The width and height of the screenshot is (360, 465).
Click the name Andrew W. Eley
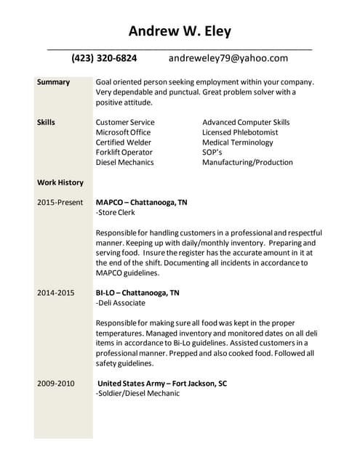pos(180,31)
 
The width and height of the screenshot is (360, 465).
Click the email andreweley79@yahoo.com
pos(228,58)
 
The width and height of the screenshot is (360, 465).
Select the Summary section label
pos(53,82)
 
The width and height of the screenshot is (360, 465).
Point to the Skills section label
pos(46,122)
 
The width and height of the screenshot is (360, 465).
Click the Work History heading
pos(60,182)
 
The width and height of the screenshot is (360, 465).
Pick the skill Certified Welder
pos(124,142)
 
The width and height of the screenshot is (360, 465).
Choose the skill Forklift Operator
pos(124,153)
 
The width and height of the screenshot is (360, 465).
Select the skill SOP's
pos(213,153)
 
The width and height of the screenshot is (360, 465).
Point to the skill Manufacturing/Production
pos(247,163)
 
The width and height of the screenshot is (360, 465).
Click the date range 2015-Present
pos(60,202)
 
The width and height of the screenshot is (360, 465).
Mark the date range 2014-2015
pos(55,293)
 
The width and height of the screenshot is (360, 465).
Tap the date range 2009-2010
pos(55,383)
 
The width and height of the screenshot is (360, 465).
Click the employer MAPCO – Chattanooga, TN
pos(141,202)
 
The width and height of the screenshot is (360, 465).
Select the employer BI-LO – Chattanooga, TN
pos(137,293)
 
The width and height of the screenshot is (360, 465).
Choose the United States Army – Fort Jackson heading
pos(162,383)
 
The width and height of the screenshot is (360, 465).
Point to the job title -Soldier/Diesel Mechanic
pos(137,393)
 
